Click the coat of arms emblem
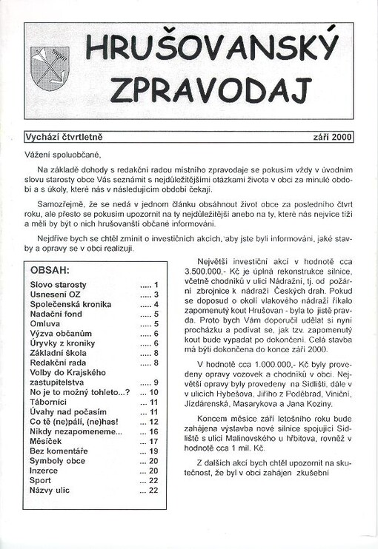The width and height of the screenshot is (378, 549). pyautogui.click(x=50, y=68)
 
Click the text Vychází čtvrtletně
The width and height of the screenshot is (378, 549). pyautogui.click(x=64, y=137)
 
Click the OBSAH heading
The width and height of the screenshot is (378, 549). pyautogui.click(x=50, y=270)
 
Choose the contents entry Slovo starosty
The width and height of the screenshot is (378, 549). pyautogui.click(x=59, y=285)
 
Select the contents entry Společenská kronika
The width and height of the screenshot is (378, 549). pyautogui.click(x=70, y=304)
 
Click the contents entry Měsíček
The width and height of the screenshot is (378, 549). pyautogui.click(x=47, y=441)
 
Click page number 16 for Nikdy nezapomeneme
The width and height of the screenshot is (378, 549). pyautogui.click(x=154, y=431)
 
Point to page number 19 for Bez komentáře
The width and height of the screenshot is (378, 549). pyautogui.click(x=154, y=451)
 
